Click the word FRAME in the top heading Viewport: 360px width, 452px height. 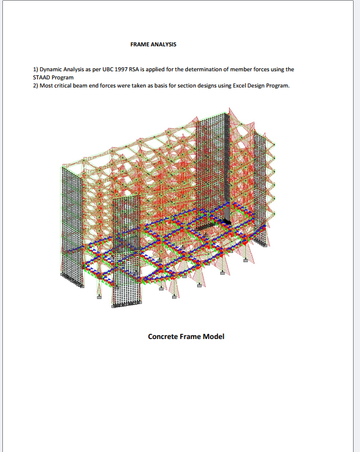tap(139, 45)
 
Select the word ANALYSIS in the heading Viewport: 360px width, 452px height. tap(163, 45)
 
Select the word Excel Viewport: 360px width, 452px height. tap(239, 86)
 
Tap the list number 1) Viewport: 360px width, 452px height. tap(35, 70)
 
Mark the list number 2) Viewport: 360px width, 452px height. tap(35, 86)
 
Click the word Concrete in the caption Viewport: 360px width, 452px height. tap(163, 337)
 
